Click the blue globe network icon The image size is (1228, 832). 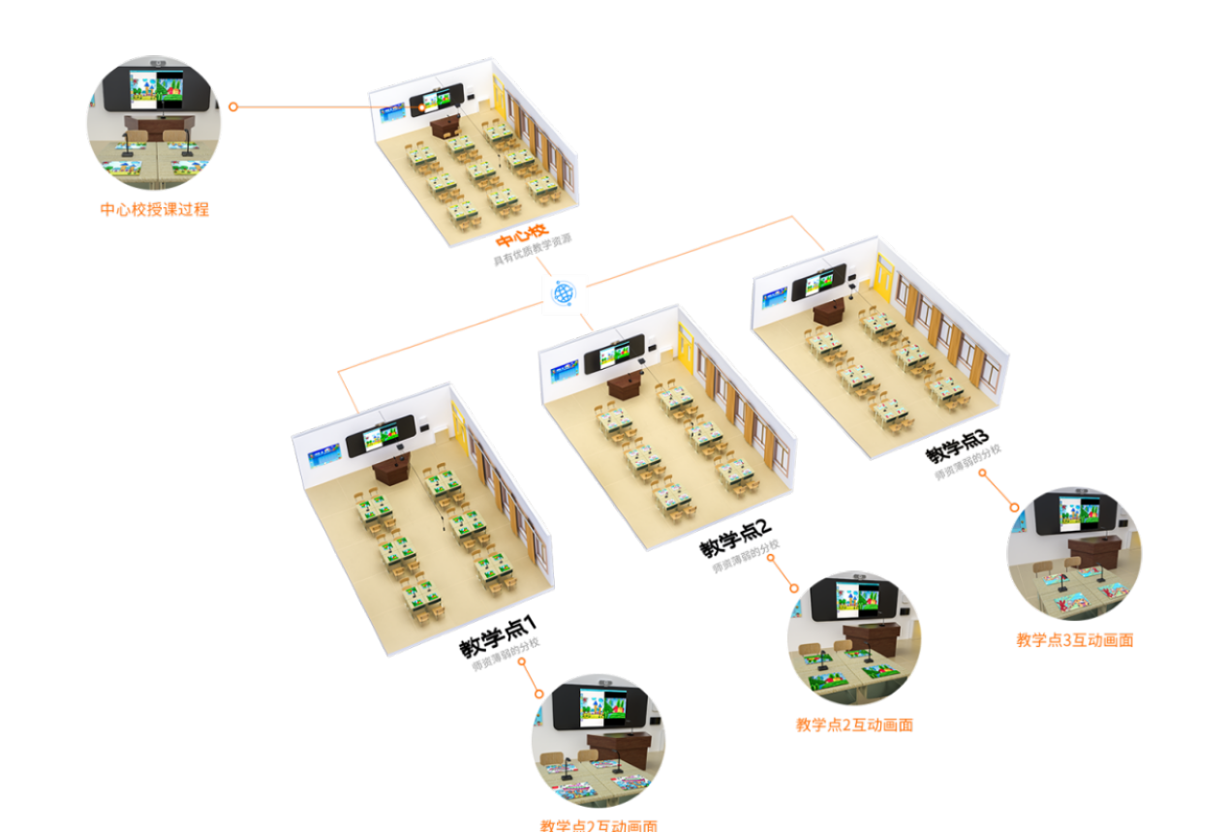pos(565,293)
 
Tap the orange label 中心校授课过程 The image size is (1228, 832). pos(154,209)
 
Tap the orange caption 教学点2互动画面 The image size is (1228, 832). pos(854,725)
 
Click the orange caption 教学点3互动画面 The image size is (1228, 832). pos(1074,639)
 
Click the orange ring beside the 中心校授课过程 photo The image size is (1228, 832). pos(233,107)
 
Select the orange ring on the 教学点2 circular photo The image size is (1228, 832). pos(793,588)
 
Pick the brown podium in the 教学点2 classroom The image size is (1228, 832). pos(624,384)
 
